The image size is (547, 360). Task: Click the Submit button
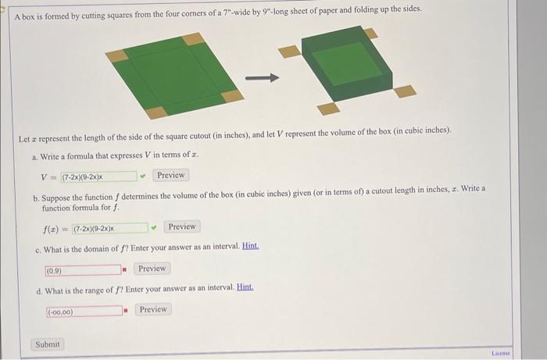coord(48,344)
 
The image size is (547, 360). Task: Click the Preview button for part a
coord(170,176)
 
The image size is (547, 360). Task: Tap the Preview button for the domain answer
coord(152,269)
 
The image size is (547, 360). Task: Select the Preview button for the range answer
coord(152,310)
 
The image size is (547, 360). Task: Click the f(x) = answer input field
coord(109,227)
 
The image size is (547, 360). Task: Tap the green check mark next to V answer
coord(142,176)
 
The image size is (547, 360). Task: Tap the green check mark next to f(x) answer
coord(154,227)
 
